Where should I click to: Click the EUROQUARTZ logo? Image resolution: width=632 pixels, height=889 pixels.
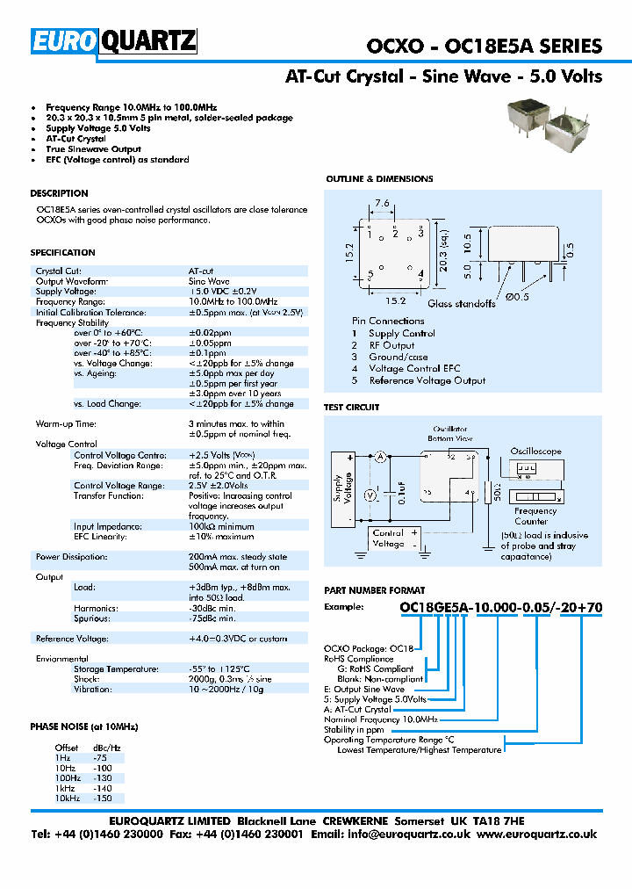click(114, 41)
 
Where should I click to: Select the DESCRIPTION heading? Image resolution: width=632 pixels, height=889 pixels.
click(59, 193)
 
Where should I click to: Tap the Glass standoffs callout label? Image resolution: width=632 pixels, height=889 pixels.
click(462, 304)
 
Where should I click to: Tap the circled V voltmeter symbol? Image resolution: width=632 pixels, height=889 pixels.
click(370, 495)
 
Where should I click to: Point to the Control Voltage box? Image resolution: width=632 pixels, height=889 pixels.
click(388, 538)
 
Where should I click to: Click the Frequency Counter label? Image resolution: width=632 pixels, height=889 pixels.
click(535, 517)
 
